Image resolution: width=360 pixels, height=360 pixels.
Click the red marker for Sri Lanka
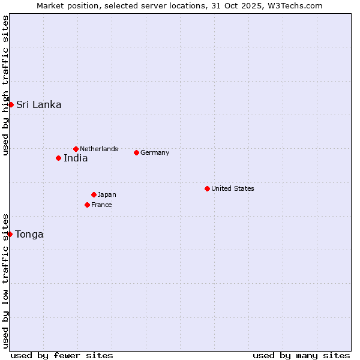tap(11, 104)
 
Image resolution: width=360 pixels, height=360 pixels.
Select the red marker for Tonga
tap(10, 234)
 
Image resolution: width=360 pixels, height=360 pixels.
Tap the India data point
tap(58, 158)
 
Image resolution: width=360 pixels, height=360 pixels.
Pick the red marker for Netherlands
tap(76, 149)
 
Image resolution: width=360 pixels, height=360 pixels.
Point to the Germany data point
tap(136, 152)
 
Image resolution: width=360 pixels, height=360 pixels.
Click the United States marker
tap(207, 188)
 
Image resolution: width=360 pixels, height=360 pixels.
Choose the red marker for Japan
tap(94, 194)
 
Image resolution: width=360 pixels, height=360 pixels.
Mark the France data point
tap(87, 205)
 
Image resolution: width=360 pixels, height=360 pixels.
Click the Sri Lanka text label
tap(38, 104)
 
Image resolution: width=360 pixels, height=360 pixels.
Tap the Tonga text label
tap(29, 234)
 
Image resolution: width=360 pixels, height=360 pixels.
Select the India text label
tap(76, 158)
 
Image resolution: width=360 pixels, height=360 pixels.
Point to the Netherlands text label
tap(99, 149)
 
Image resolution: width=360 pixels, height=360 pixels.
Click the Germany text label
tap(155, 152)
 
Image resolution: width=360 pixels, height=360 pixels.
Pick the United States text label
tap(233, 188)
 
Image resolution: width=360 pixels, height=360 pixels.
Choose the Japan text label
tap(107, 194)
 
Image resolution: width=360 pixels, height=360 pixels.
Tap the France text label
tap(101, 205)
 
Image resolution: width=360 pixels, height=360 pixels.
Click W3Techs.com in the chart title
tap(295, 5)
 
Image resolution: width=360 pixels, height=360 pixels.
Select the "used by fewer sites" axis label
tap(62, 355)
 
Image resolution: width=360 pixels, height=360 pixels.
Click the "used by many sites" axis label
tap(301, 355)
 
